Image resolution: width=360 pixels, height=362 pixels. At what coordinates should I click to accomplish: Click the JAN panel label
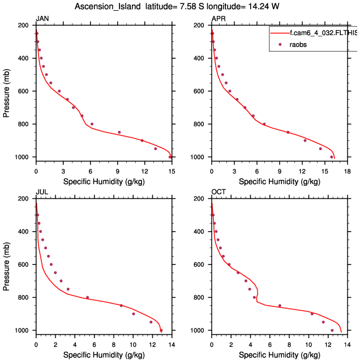(x=42, y=19)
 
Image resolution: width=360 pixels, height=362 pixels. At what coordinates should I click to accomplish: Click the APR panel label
(x=218, y=19)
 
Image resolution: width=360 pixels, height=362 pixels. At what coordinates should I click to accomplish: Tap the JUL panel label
(x=41, y=192)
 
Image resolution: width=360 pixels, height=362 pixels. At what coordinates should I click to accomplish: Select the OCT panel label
(x=218, y=192)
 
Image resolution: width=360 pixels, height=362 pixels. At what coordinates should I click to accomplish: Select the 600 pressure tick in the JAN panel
(x=24, y=91)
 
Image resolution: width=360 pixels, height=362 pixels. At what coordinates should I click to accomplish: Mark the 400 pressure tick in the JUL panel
(x=24, y=232)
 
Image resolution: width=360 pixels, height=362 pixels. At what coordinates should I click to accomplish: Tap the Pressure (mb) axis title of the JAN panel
(x=6, y=91)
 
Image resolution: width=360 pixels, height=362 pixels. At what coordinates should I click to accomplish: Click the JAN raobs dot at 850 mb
(x=119, y=133)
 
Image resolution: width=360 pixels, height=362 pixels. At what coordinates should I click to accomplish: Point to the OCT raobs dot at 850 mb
(x=279, y=306)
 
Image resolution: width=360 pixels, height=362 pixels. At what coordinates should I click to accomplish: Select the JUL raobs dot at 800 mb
(x=87, y=297)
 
